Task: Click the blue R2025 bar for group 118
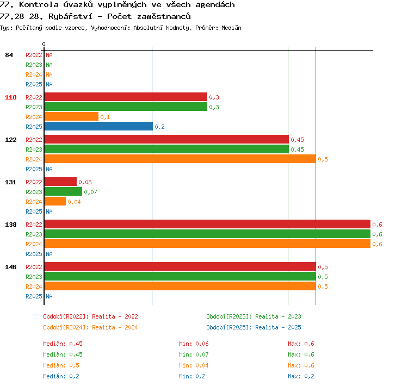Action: point(98,127)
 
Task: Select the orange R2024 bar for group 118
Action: point(72,116)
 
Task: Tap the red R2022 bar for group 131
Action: point(60,182)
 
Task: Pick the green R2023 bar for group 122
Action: point(166,150)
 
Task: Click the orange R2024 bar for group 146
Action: point(180,286)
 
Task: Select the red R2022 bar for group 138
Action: point(207,224)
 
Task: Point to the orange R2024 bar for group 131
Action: point(55,201)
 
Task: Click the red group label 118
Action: point(11,97)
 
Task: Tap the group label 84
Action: point(9,55)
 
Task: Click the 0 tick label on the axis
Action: point(44,44)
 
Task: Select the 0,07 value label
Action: point(90,192)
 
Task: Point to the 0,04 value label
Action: point(74,202)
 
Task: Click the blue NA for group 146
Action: point(49,296)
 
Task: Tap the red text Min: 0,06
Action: point(194,344)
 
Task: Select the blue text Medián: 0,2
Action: point(61,376)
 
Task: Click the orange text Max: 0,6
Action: point(301,365)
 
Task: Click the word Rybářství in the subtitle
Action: point(70,17)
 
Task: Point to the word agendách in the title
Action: point(215,5)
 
